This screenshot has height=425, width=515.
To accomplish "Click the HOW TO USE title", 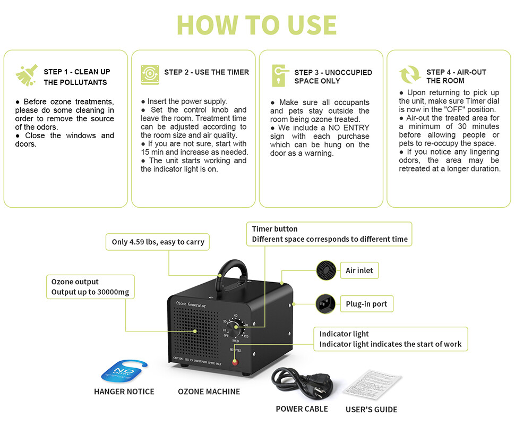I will click(x=257, y=24).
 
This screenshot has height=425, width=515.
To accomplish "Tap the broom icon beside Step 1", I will click(x=27, y=75).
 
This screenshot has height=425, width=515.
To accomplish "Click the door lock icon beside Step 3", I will click(x=279, y=76).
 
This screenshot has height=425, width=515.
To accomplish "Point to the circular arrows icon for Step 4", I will click(x=410, y=76).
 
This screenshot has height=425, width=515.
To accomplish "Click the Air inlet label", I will click(x=359, y=270).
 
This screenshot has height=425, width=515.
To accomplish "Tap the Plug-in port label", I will click(x=366, y=304).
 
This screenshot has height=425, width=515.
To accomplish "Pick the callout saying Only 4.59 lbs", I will click(x=158, y=242).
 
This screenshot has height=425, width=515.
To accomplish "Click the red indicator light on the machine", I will click(x=234, y=361).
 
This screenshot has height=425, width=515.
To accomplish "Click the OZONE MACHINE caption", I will click(x=209, y=392).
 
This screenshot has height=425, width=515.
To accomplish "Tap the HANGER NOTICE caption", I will click(x=124, y=392).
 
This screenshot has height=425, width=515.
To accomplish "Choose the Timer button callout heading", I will click(x=274, y=229).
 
